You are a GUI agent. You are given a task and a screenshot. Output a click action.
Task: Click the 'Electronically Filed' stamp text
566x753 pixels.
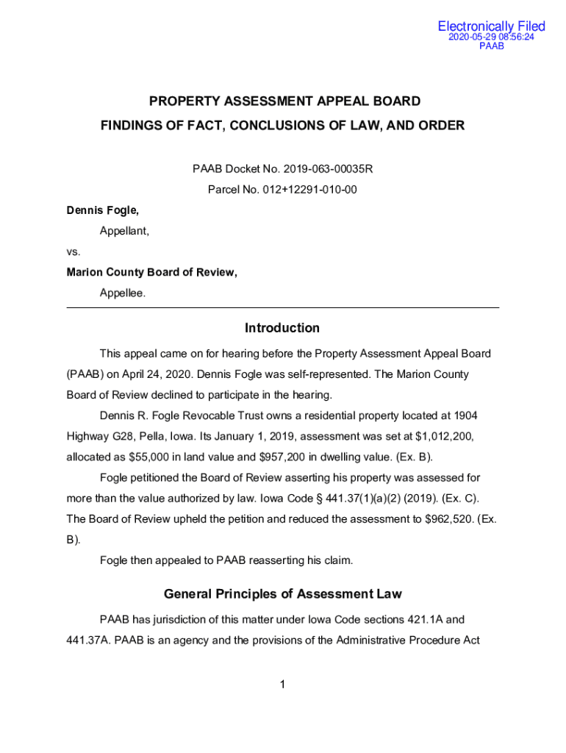pyautogui.click(x=491, y=26)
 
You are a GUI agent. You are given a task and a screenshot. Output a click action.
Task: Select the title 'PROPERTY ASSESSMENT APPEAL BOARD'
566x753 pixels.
pyautogui.click(x=285, y=101)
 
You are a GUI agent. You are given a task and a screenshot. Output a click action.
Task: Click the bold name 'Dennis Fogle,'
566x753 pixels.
pyautogui.click(x=102, y=210)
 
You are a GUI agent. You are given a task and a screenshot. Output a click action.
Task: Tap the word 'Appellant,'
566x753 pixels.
pyautogui.click(x=124, y=231)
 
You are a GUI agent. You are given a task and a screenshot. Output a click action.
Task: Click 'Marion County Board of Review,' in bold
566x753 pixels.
pyautogui.click(x=151, y=272)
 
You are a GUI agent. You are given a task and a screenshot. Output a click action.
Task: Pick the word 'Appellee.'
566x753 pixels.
pyautogui.click(x=123, y=293)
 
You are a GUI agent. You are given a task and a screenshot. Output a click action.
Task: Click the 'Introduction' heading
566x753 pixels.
pyautogui.click(x=282, y=328)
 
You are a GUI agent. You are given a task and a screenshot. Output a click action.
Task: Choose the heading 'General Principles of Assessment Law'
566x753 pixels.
pyautogui.click(x=282, y=593)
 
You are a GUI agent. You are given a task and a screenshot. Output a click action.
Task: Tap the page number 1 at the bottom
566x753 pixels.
pyautogui.click(x=282, y=685)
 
